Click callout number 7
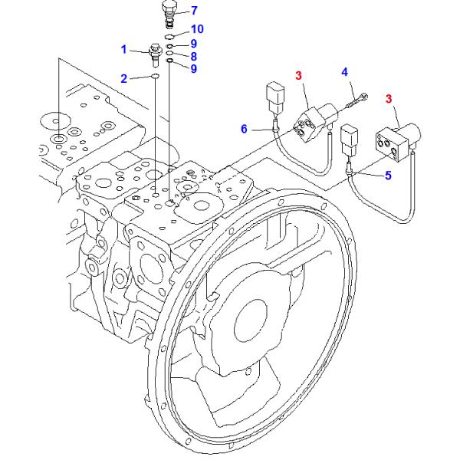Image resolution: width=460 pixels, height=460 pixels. tap(194, 11)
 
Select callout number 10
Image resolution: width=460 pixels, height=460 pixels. tap(197, 29)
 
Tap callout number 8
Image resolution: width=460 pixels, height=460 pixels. tap(194, 56)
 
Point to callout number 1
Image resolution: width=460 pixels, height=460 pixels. tap(123, 49)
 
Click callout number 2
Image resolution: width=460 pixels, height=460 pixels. tap(124, 79)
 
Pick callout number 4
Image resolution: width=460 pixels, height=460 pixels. tap(345, 72)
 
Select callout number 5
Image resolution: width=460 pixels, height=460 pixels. tap(388, 176)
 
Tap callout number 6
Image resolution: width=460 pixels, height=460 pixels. tap(244, 129)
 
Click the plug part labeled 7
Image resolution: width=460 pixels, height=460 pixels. tap(170, 14)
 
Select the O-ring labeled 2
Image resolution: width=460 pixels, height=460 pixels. tap(155, 77)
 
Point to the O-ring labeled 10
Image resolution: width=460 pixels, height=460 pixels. tap(169, 36)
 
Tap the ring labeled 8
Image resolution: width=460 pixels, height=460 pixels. tap(169, 53)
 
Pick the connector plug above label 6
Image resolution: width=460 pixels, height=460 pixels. tap(275, 98)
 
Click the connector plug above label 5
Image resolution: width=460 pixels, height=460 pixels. tap(349, 140)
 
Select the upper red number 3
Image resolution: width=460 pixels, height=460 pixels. tap(298, 76)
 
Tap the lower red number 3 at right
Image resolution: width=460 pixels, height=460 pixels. tap(389, 99)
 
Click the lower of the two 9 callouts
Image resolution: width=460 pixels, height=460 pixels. tap(194, 69)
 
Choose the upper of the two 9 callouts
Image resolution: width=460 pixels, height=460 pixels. tap(194, 44)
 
